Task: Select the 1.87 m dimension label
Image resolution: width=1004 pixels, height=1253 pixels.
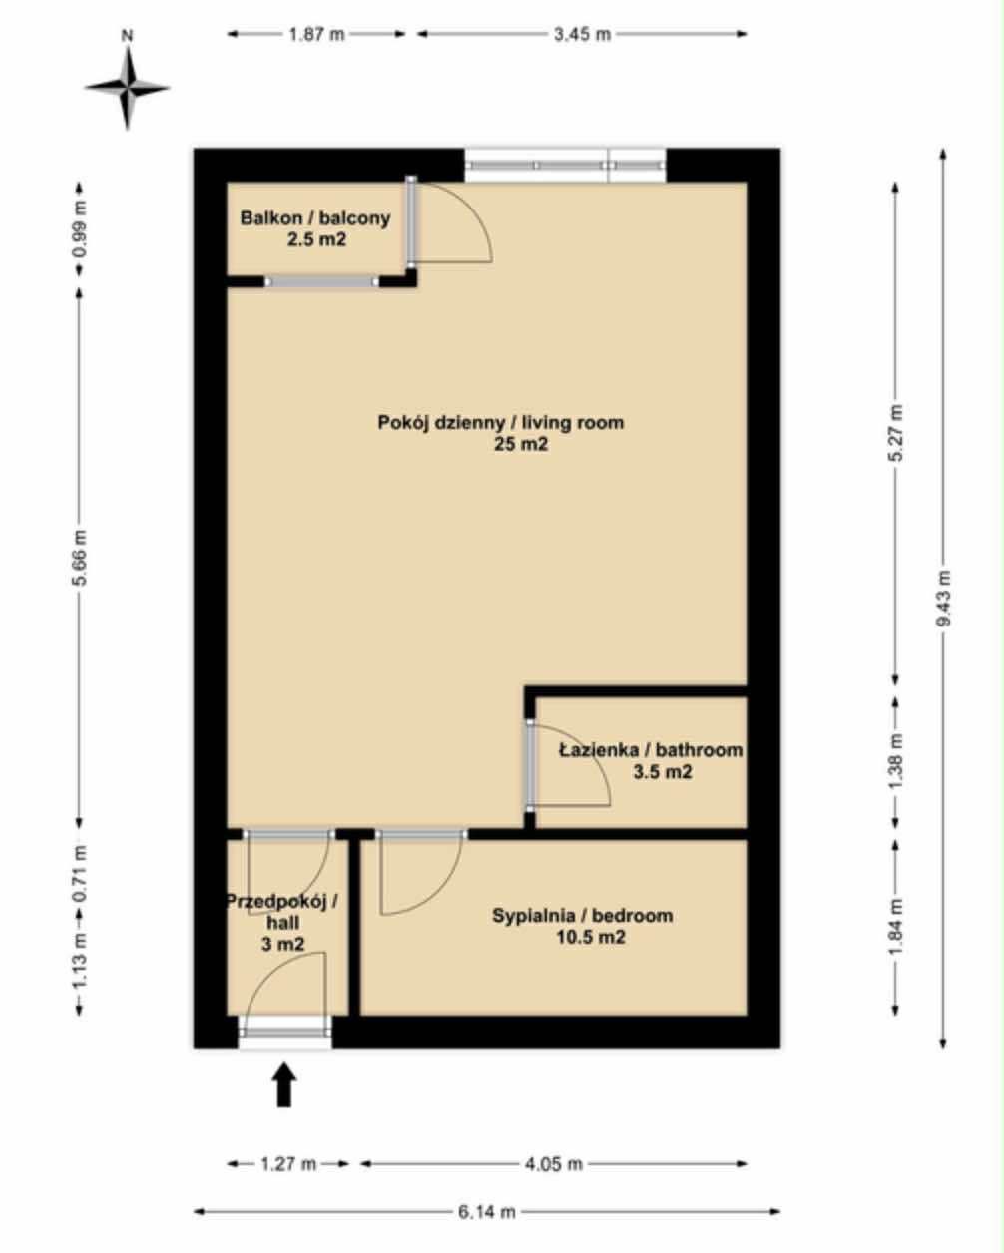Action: [x=316, y=34]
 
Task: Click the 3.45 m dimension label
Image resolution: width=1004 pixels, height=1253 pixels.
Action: [x=582, y=34]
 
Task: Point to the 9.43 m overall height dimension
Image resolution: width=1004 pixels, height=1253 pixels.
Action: [x=943, y=598]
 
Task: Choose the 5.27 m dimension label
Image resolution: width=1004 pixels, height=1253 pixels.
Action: [x=897, y=433]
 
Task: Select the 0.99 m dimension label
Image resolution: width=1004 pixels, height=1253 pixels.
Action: [x=80, y=228]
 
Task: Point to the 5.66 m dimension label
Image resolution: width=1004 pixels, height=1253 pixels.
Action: [x=80, y=558]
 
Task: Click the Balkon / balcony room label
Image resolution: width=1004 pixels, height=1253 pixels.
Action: [x=315, y=218]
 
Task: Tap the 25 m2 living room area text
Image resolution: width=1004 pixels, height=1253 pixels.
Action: [x=521, y=444]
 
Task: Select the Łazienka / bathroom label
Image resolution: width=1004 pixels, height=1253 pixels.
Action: [x=651, y=750]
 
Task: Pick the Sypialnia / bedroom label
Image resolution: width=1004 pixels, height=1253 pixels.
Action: [x=583, y=915]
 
